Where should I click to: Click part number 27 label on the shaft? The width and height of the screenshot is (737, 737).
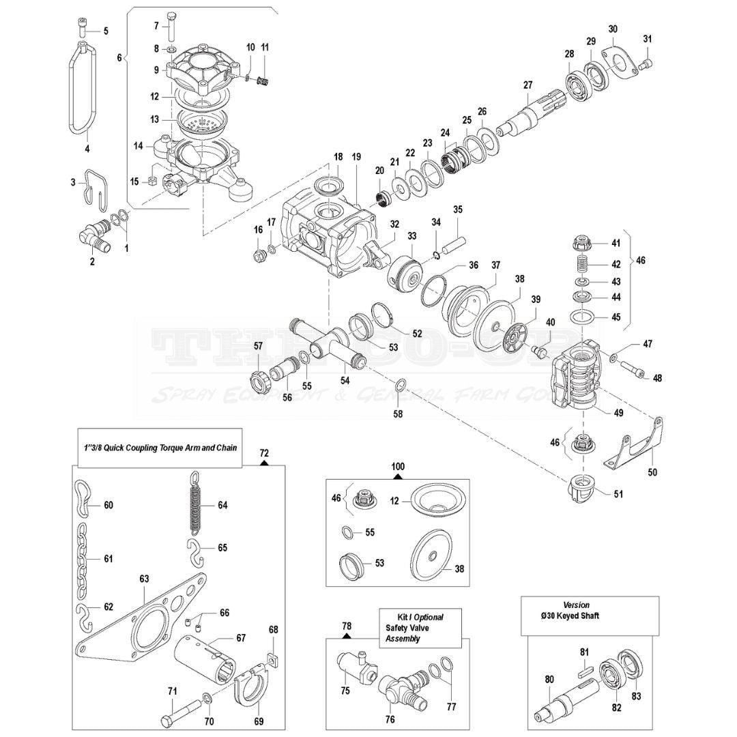pyautogui.click(x=527, y=85)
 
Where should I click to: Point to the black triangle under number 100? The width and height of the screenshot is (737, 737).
pyautogui.click(x=397, y=477)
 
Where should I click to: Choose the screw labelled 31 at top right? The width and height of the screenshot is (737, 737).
pyautogui.click(x=648, y=64)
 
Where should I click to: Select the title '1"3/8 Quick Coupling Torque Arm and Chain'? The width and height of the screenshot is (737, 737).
pyautogui.click(x=160, y=448)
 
